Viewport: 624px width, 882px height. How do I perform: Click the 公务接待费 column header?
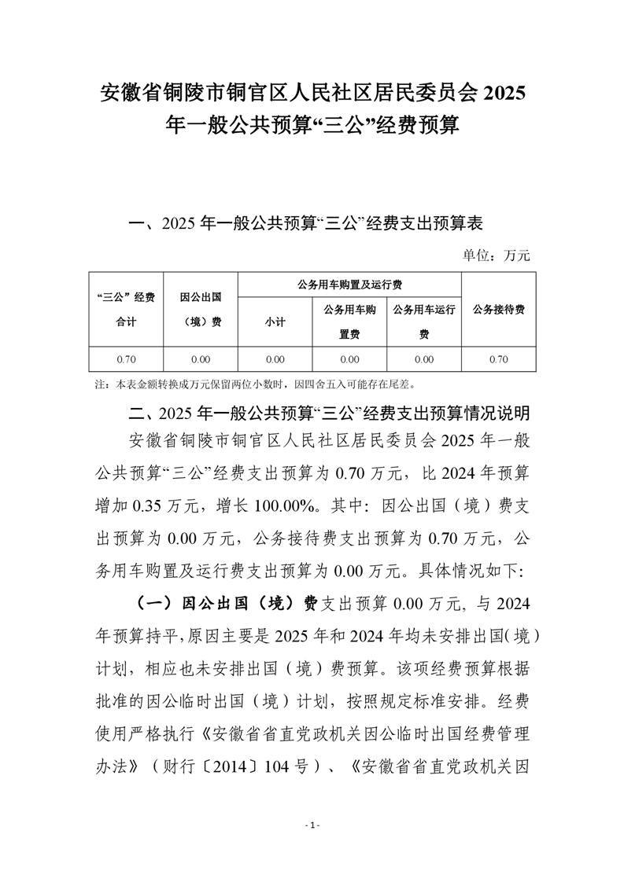499,310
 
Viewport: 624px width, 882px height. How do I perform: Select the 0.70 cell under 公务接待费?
499,359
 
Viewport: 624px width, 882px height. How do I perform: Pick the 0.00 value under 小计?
275,359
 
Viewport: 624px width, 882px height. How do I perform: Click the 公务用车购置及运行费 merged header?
349,284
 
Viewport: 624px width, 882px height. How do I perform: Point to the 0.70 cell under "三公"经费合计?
126,359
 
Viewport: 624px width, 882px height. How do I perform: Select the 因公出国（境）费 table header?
200,310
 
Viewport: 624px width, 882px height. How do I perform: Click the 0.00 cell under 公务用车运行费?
424,359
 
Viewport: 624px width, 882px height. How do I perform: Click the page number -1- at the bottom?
312,825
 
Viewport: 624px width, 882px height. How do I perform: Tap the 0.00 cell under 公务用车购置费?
349,359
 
